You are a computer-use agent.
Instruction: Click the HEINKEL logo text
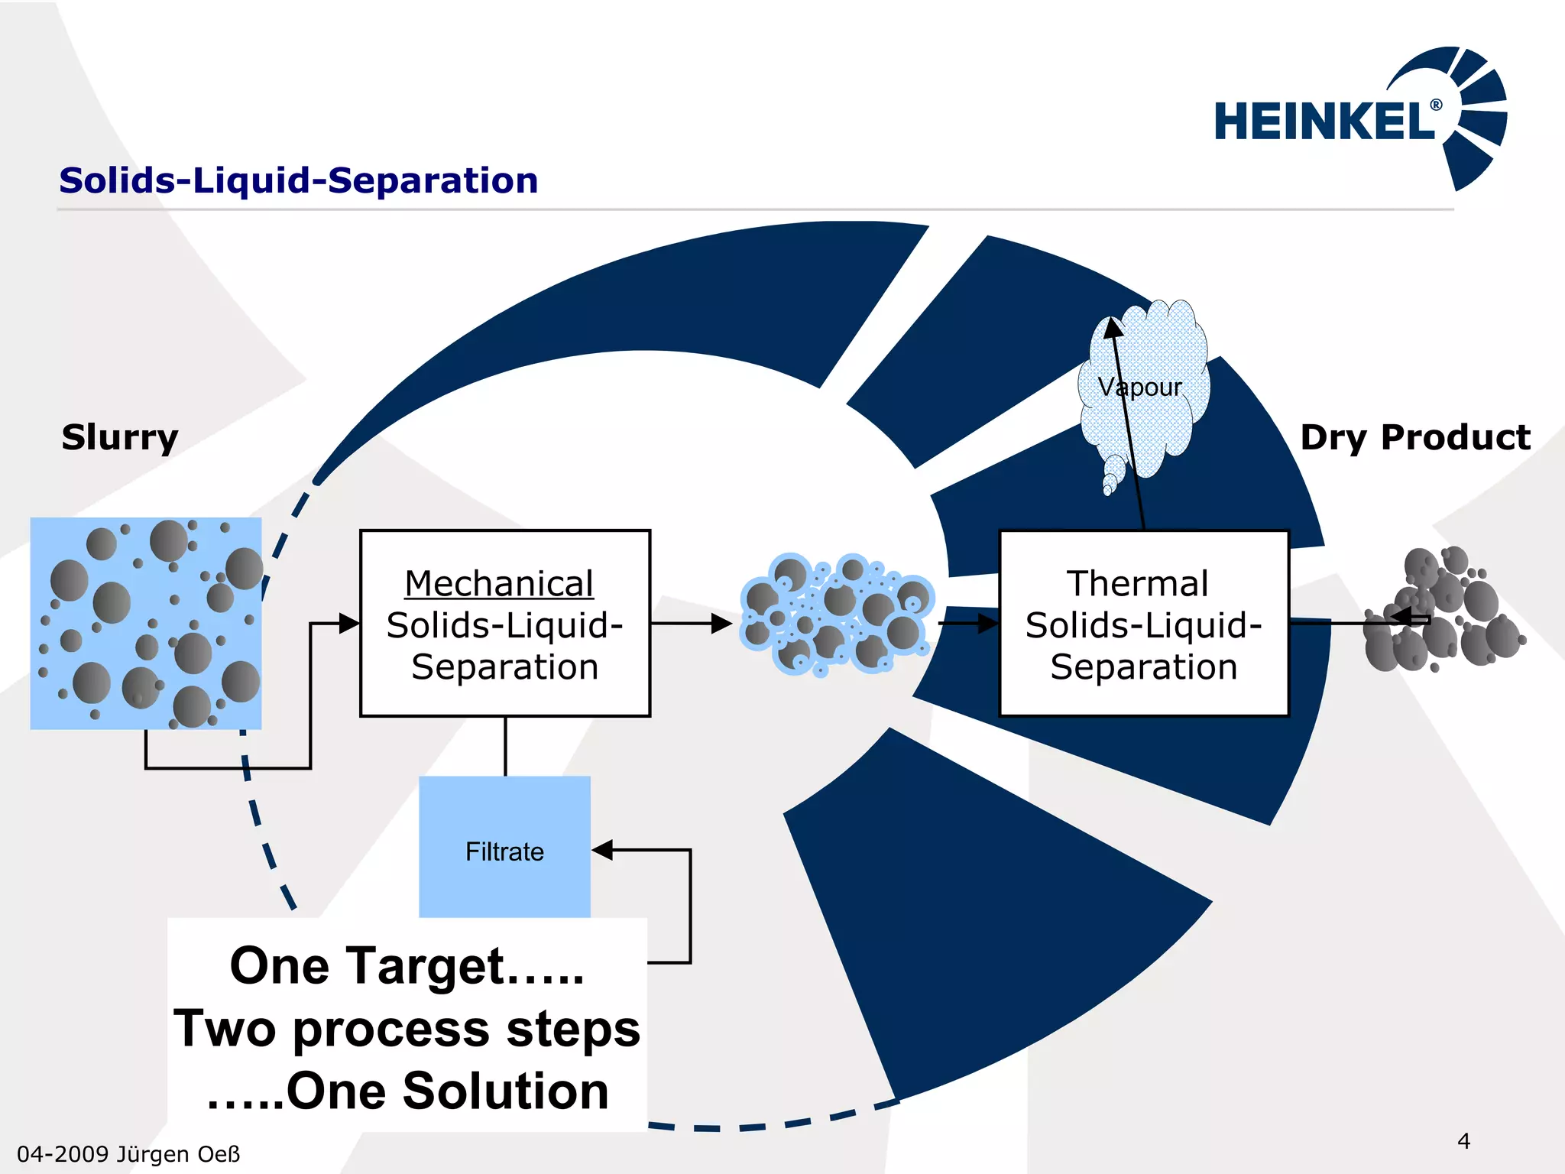[1324, 122]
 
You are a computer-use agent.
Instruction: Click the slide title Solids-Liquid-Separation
[299, 181]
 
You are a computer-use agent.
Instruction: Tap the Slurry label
[120, 437]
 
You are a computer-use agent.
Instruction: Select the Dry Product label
[1415, 437]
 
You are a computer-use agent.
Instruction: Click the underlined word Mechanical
[499, 584]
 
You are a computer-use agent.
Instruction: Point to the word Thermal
[1138, 584]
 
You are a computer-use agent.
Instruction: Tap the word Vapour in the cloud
[1139, 388]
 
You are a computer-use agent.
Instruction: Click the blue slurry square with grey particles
[146, 623]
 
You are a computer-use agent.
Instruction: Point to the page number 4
[1463, 1141]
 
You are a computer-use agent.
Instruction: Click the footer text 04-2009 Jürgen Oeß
[128, 1154]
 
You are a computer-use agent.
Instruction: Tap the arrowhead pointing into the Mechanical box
[349, 623]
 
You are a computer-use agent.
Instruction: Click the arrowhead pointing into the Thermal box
[988, 623]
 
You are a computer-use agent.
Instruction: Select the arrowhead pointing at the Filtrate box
[603, 849]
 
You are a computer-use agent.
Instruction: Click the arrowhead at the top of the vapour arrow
[1113, 327]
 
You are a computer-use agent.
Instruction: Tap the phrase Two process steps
[407, 1029]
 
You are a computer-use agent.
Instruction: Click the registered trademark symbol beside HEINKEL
[1436, 105]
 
